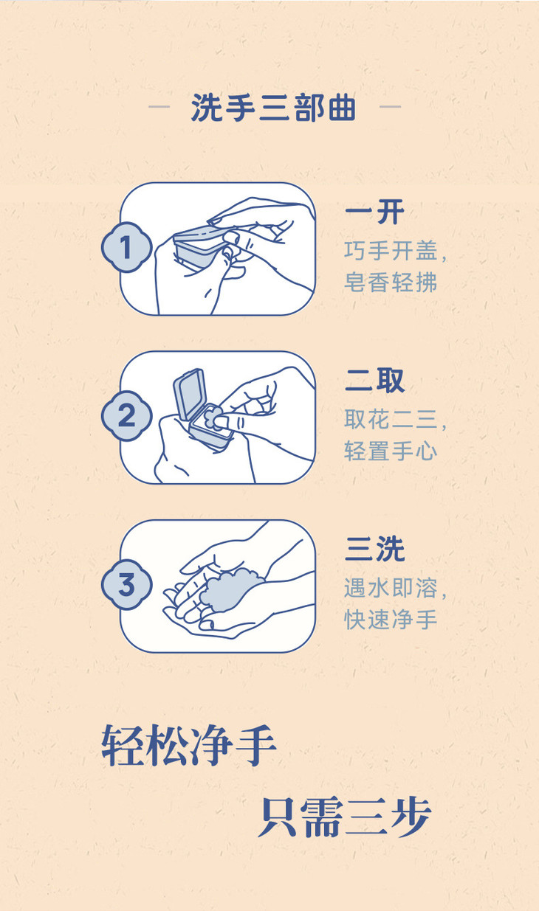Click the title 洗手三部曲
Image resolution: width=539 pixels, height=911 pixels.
273,108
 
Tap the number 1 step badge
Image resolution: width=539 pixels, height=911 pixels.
126,248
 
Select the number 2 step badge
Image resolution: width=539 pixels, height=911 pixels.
126,416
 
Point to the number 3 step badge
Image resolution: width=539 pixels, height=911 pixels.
126,585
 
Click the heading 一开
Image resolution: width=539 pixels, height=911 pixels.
374,212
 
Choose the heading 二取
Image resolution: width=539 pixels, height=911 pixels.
374,381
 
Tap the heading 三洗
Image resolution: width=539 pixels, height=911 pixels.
374,550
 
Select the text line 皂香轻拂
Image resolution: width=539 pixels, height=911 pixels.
391,283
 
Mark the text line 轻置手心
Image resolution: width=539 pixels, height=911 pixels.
391,451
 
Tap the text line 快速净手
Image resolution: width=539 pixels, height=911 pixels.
391,619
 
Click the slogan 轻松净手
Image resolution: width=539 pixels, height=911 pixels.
189,746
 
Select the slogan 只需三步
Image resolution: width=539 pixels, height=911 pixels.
344,817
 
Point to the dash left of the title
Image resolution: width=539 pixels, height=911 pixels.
159,107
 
